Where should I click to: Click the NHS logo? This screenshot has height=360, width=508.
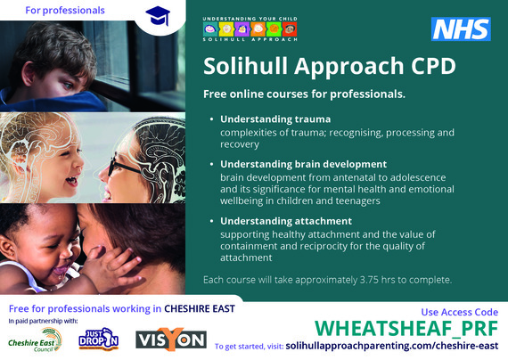click(x=461, y=29)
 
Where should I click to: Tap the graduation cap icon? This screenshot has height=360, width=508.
click(x=156, y=15)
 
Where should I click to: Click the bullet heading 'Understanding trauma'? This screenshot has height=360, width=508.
click(x=275, y=119)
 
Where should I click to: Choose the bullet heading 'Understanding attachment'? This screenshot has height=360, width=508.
click(x=287, y=221)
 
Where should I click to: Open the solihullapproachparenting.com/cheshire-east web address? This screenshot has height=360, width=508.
click(x=393, y=345)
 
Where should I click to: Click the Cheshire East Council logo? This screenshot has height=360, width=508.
click(x=32, y=341)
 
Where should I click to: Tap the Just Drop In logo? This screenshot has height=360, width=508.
click(x=98, y=339)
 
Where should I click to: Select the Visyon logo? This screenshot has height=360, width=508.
click(x=170, y=339)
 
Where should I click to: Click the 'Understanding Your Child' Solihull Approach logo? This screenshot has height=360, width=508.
click(x=250, y=29)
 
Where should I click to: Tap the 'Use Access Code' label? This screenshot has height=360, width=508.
click(x=459, y=312)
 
